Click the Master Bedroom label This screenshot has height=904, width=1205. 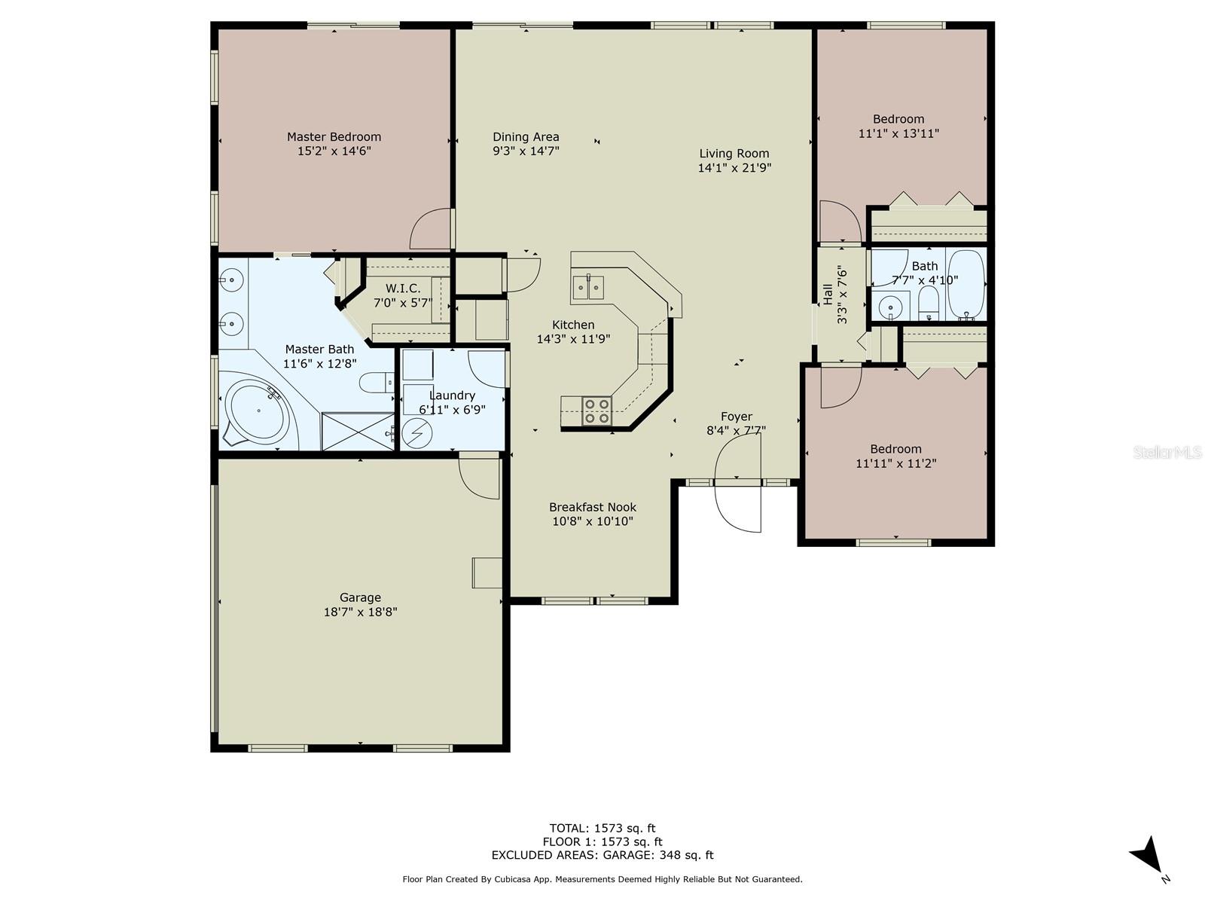pos(334,137)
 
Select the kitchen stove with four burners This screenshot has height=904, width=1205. pos(597,411)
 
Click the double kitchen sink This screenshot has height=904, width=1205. pos(588,287)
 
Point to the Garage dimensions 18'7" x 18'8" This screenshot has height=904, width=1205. pos(360,612)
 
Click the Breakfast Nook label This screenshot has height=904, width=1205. pos(592,507)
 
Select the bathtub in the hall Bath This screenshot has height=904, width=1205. pos(965,286)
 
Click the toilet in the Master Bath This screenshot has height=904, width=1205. pos(377,384)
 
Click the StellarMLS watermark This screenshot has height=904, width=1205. pos(1167,453)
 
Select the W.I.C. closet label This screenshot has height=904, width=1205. pos(403,289)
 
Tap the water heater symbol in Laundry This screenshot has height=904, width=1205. pos(416,433)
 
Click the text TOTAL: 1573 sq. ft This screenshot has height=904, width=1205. pos(602,829)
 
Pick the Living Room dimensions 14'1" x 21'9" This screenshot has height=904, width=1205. pos(734,168)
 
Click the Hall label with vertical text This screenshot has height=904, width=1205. pos(828,295)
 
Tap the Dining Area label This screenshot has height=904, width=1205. pos(526,137)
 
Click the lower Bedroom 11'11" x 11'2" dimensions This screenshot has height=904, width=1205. pos(895,463)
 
